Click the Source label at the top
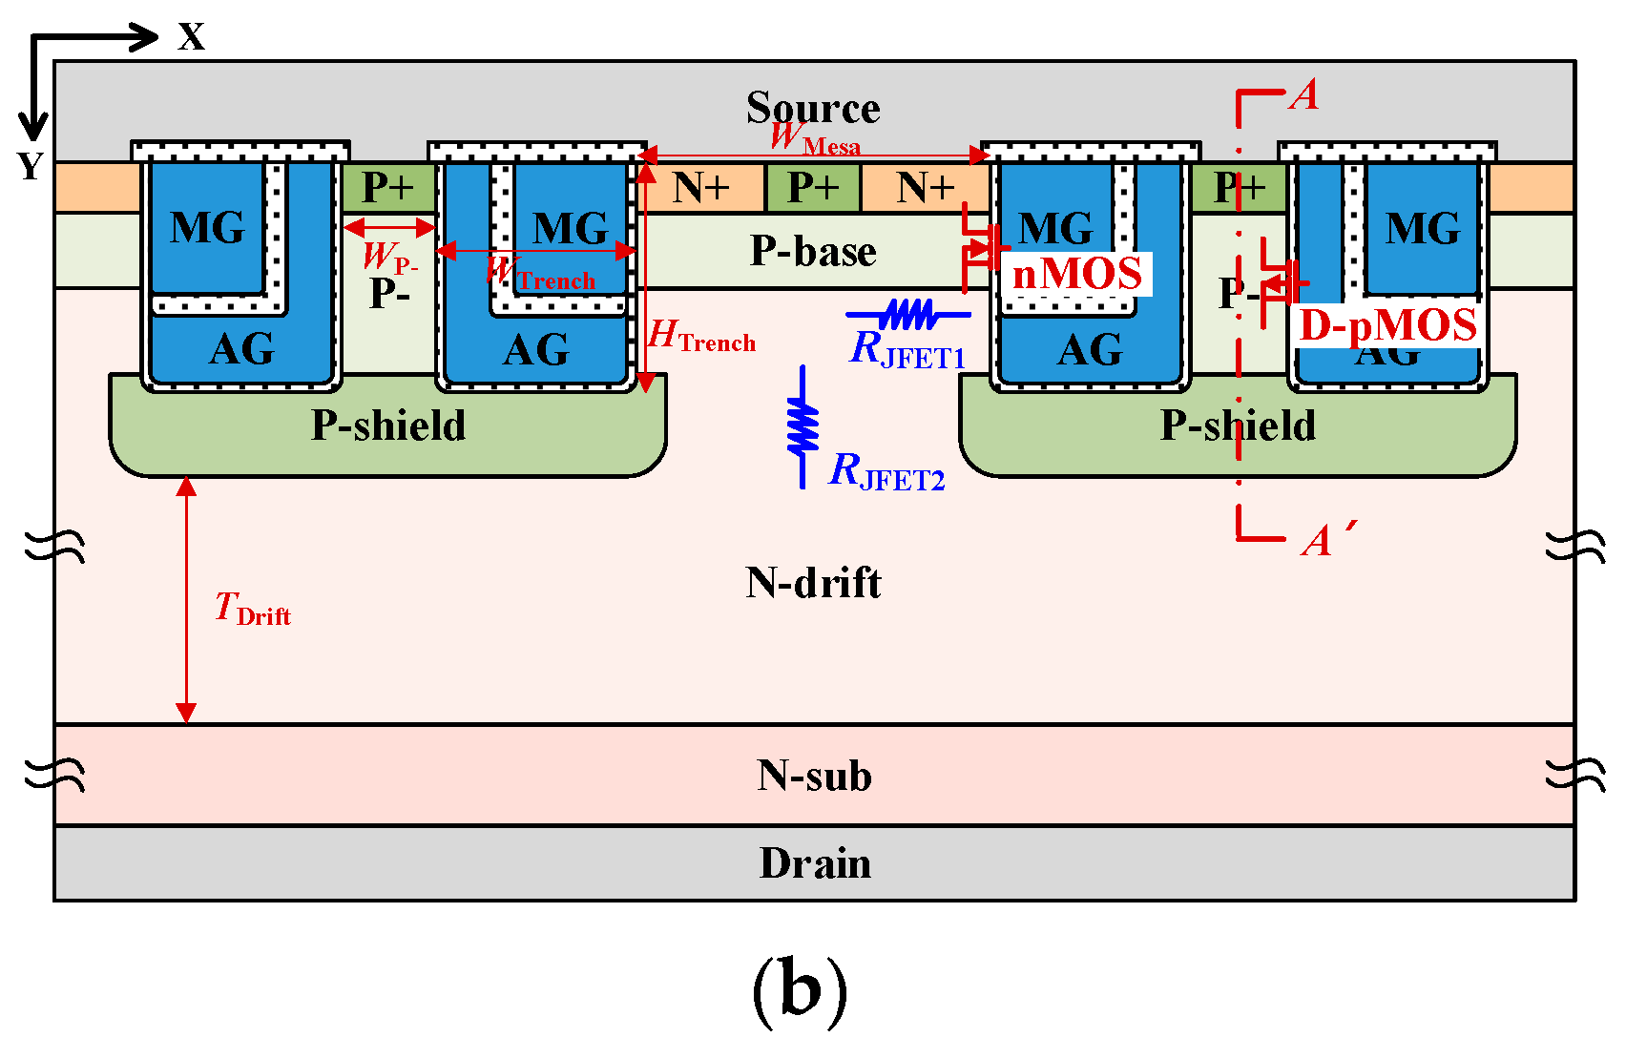(x=813, y=107)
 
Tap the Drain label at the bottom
(x=815, y=863)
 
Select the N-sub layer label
(x=815, y=776)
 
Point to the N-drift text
(x=813, y=582)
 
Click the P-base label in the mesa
(x=813, y=251)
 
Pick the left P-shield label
(x=388, y=425)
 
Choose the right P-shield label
(x=1238, y=425)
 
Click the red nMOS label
(x=1077, y=275)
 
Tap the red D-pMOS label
(x=1388, y=325)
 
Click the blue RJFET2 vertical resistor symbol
(x=803, y=426)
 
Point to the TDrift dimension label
(x=252, y=609)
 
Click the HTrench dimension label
(x=701, y=337)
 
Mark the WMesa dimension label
(x=815, y=138)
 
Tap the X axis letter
(x=192, y=37)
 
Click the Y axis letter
(x=31, y=167)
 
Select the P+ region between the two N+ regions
(x=813, y=188)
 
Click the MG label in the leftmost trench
(x=207, y=228)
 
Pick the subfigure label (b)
(x=800, y=991)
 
